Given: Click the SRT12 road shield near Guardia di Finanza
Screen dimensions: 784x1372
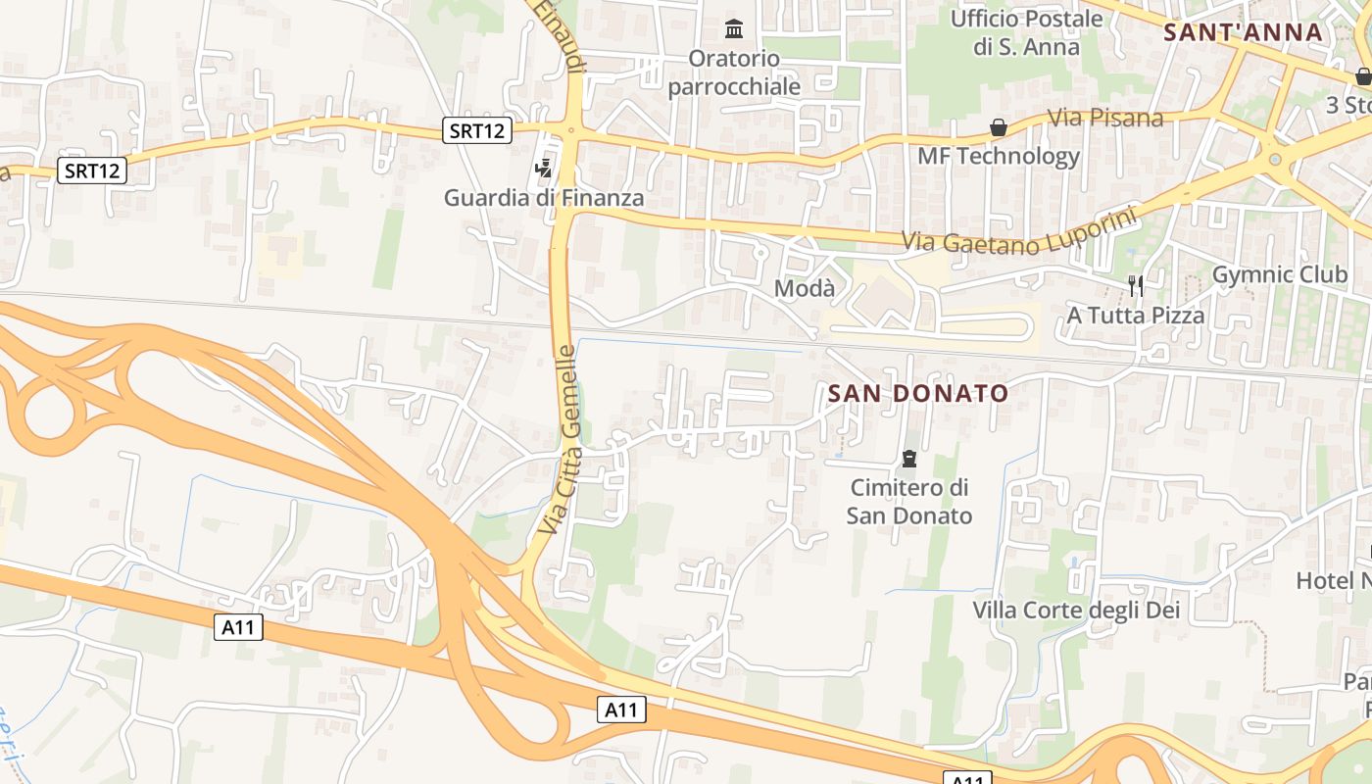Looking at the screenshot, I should click(x=477, y=130).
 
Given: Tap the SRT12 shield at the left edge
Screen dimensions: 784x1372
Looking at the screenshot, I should click(x=92, y=171).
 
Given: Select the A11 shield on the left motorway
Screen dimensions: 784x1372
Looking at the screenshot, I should click(x=238, y=627).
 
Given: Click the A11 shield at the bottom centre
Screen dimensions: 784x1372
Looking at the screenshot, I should click(x=621, y=710).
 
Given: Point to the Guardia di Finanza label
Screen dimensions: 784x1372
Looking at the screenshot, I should click(x=544, y=198).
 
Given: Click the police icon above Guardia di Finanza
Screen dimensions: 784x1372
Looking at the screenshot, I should click(x=544, y=168).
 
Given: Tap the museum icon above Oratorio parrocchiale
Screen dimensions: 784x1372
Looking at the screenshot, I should click(x=733, y=28).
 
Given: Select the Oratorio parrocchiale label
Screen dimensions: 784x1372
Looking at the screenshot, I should click(x=734, y=73).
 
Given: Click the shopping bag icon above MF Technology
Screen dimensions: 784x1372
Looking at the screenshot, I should click(x=998, y=127).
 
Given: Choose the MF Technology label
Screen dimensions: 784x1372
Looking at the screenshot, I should click(x=998, y=156).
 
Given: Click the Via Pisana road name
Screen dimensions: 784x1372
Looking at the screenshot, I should click(x=1105, y=119).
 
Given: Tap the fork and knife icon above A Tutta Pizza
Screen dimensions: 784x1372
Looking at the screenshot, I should click(x=1135, y=286).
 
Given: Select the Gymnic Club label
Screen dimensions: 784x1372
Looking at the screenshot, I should click(x=1280, y=275).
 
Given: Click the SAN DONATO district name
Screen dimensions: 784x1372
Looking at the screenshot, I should click(x=917, y=394).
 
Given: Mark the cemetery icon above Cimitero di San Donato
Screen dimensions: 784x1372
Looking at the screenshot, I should click(x=908, y=459).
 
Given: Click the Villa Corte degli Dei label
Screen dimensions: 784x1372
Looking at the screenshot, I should click(x=1076, y=611).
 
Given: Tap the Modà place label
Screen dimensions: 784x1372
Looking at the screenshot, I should click(x=805, y=289).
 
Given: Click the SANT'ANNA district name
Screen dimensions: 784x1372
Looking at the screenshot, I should click(x=1243, y=32).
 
